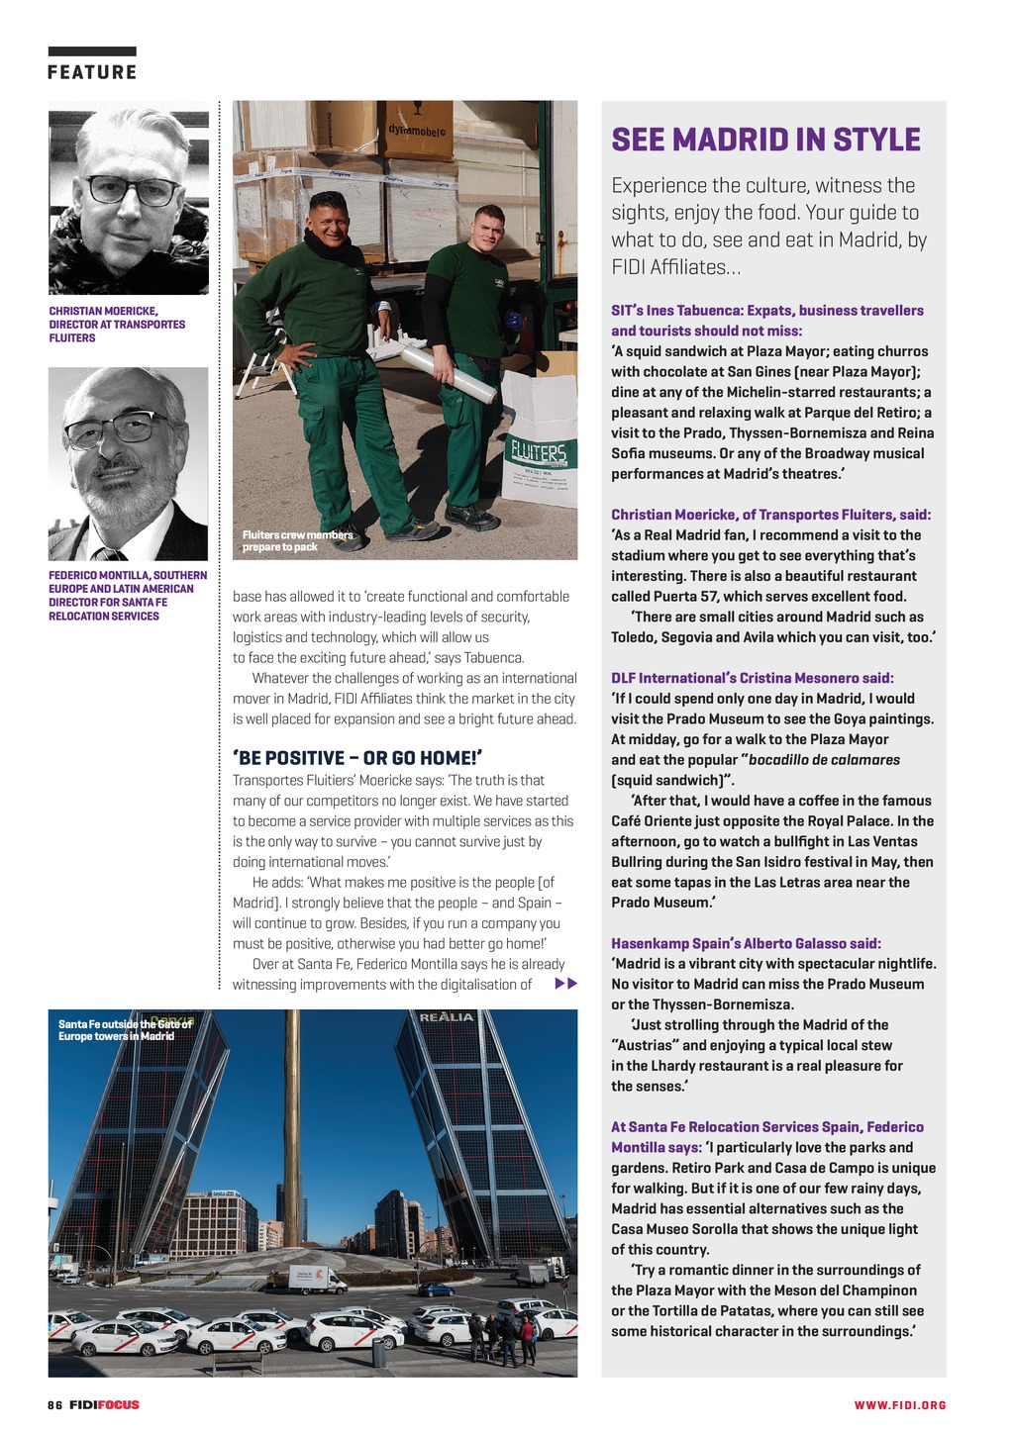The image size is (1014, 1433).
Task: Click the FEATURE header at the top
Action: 92,72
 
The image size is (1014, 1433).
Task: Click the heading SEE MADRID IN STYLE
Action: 765,140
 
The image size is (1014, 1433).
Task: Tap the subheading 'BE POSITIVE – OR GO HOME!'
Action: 357,758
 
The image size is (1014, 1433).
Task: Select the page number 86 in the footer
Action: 54,1404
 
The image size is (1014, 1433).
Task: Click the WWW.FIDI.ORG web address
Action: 900,1405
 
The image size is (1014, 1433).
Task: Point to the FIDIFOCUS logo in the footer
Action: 104,1404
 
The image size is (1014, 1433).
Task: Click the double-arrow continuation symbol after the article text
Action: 565,984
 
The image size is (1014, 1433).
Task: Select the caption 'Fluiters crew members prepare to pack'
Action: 296,540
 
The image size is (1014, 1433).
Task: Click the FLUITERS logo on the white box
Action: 538,454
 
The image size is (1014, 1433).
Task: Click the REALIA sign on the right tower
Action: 448,1017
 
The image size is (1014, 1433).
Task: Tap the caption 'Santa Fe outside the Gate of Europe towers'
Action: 125,1029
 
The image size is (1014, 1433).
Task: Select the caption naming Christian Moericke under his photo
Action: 117,325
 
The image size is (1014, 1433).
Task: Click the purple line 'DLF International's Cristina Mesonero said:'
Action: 752,678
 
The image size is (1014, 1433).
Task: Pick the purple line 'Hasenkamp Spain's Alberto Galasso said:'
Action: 745,943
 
